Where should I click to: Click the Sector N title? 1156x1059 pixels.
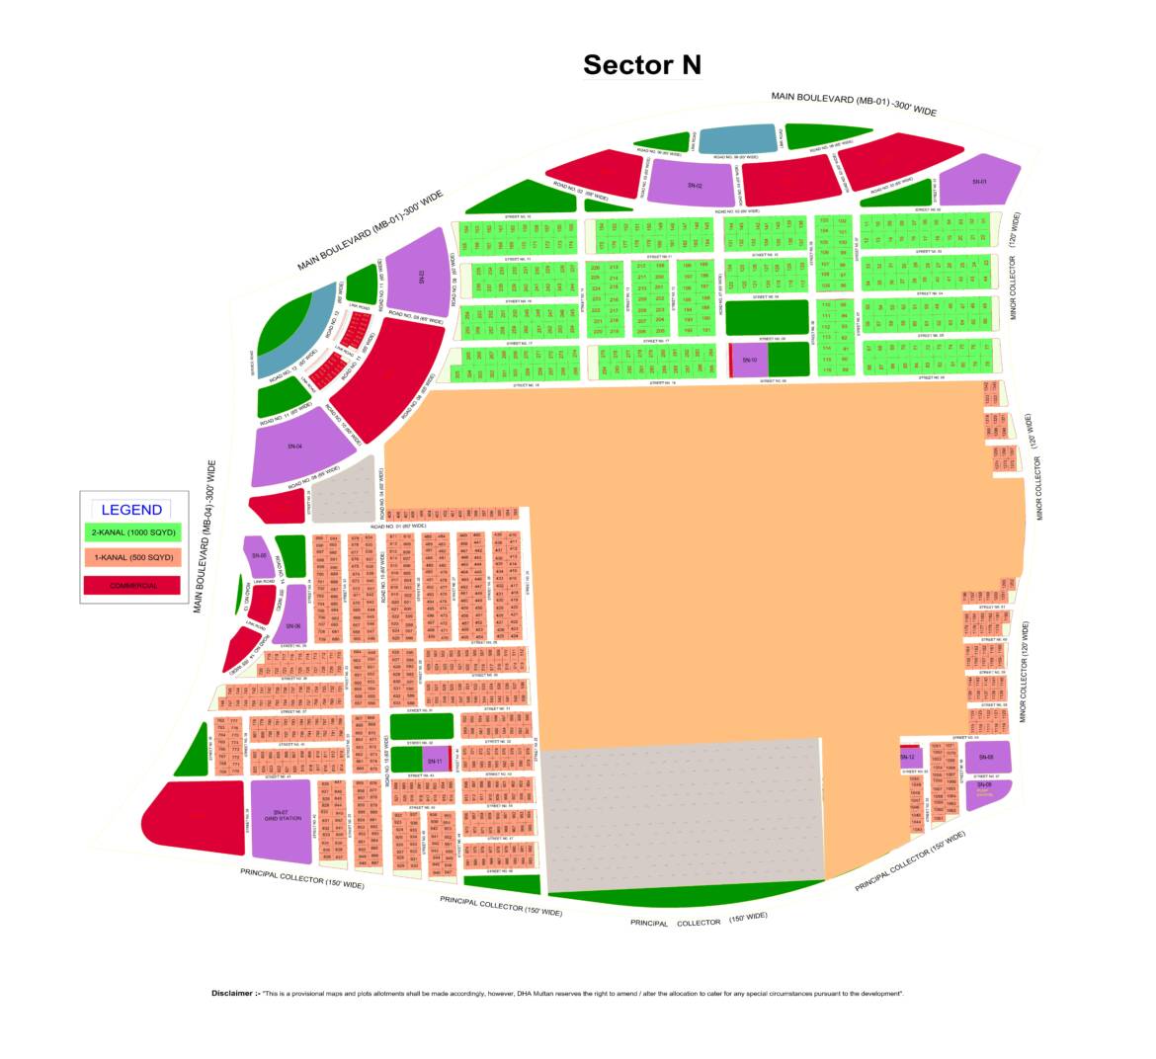click(641, 65)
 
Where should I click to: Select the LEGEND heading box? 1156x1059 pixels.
click(131, 510)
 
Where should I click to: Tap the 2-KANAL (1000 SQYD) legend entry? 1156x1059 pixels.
click(133, 532)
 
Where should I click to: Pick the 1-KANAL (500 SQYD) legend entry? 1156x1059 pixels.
click(133, 558)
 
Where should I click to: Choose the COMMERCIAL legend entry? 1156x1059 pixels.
click(133, 585)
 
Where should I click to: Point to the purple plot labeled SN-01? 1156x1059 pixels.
click(978, 182)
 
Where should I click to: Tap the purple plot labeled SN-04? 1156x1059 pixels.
click(294, 448)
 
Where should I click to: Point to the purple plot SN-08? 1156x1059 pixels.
click(985, 758)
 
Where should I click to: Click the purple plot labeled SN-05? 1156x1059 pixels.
click(259, 556)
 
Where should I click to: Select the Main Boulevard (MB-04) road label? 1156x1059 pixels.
click(205, 537)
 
